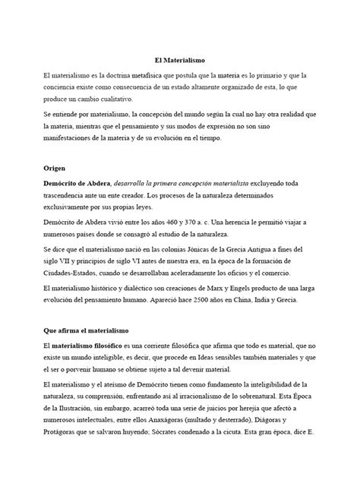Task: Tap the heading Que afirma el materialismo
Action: [87, 332]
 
